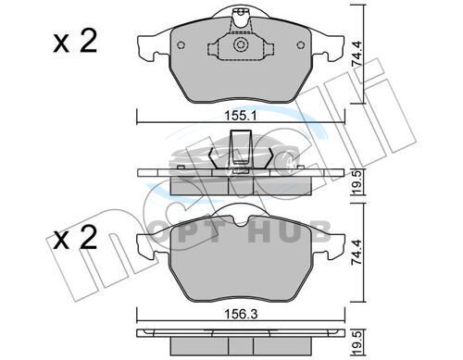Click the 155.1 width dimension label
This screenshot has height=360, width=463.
241,117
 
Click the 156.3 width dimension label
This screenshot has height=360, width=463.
241,315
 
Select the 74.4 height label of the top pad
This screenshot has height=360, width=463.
357,52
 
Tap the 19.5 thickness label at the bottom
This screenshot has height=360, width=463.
357,342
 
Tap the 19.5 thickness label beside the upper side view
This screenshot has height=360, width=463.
357,182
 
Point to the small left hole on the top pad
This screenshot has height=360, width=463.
181,45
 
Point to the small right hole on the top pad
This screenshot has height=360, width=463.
301,45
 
